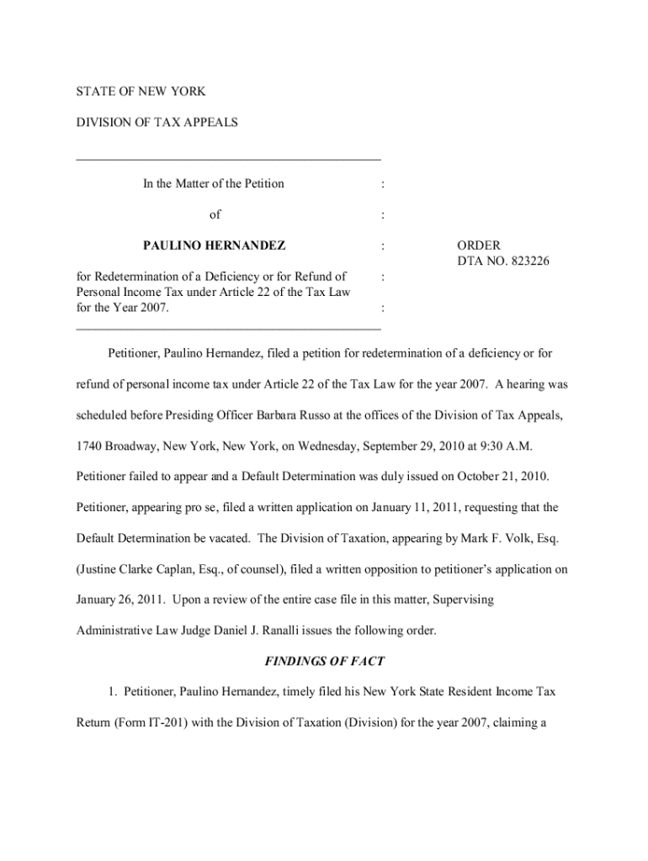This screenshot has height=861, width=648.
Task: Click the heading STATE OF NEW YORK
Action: (x=141, y=91)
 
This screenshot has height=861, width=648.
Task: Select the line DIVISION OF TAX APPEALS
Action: (x=157, y=122)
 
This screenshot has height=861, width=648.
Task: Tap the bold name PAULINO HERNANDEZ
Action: (x=214, y=246)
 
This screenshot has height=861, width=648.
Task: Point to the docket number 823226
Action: (x=528, y=261)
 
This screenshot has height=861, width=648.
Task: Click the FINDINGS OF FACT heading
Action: (x=324, y=661)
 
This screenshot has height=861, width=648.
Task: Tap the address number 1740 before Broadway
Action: (x=91, y=446)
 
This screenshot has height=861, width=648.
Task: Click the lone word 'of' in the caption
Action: (x=215, y=214)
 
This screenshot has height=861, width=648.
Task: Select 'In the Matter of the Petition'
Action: (x=214, y=183)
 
